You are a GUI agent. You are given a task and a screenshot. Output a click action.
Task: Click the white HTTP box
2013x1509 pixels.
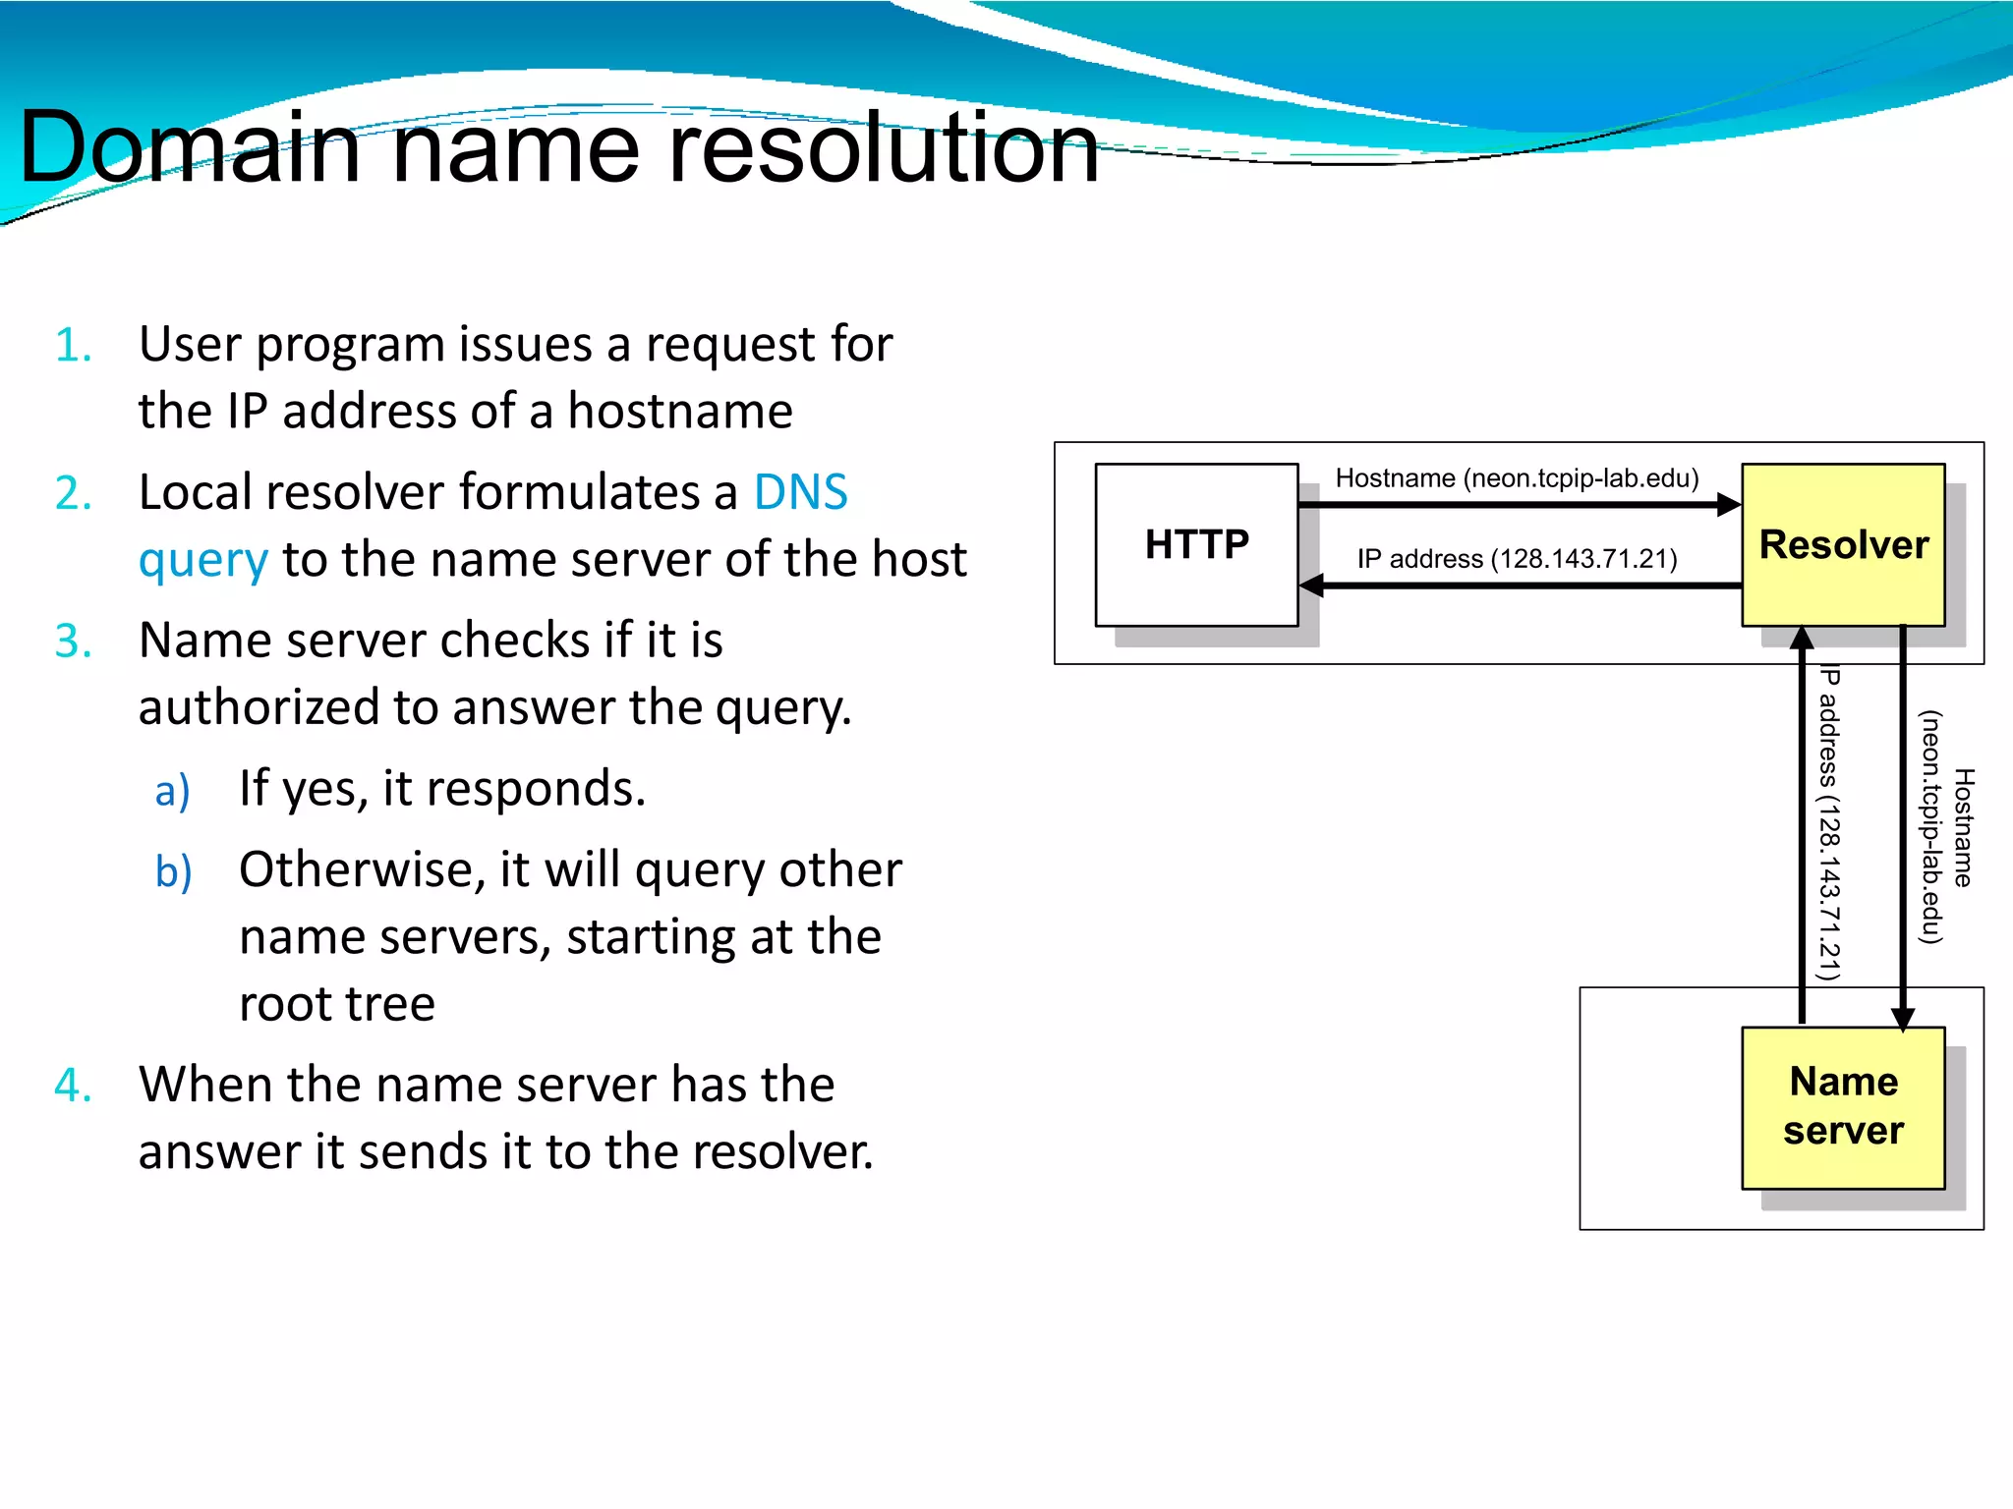pyautogui.click(x=1196, y=544)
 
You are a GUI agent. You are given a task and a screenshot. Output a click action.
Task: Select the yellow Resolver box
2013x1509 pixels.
pyautogui.click(x=1843, y=544)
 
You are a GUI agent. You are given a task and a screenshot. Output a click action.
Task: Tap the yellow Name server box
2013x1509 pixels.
pyautogui.click(x=1843, y=1107)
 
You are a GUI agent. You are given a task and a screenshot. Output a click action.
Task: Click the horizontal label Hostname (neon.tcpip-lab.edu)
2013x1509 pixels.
pyautogui.click(x=1517, y=478)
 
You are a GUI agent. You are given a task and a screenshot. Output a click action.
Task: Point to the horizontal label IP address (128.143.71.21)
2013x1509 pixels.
pyautogui.click(x=1517, y=559)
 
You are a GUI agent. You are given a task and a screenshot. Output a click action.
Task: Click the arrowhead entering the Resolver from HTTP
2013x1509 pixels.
pyautogui.click(x=1728, y=505)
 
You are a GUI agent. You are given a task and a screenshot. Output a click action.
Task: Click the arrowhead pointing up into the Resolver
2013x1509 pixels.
pyautogui.click(x=1802, y=639)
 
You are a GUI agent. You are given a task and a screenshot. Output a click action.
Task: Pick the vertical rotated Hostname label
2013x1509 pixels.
pyautogui.click(x=1946, y=827)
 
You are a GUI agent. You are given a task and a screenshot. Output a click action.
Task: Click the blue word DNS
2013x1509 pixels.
pyautogui.click(x=800, y=492)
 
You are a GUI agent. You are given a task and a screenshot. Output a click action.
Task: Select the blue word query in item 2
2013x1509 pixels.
pyautogui.click(x=202, y=561)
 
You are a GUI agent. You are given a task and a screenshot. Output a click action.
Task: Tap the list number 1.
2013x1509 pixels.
pyautogui.click(x=74, y=346)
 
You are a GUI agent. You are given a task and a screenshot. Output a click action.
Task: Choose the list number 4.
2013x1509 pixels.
pyautogui.click(x=74, y=1086)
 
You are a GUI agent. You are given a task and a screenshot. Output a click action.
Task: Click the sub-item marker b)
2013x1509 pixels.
pyautogui.click(x=174, y=871)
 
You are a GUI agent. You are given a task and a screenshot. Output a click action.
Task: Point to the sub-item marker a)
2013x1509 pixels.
pyautogui.click(x=173, y=791)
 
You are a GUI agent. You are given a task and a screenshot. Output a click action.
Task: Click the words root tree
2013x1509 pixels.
pyautogui.click(x=336, y=1004)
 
